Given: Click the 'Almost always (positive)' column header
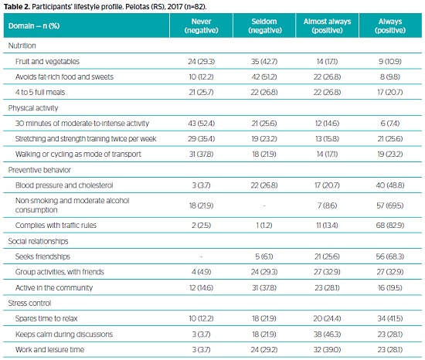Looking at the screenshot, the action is tap(327, 25).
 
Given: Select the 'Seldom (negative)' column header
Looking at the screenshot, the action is tap(265, 25).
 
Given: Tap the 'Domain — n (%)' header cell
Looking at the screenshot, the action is tap(34, 26).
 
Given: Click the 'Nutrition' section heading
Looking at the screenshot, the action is tap(22, 46).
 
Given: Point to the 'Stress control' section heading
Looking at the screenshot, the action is tap(29, 303).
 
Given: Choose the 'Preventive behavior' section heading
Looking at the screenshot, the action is tap(39, 170).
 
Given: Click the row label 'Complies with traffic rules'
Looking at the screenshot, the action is tap(56, 226).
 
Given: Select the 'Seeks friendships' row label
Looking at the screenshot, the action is tap(42, 256).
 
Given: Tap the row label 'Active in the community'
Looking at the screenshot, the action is tap(54, 287).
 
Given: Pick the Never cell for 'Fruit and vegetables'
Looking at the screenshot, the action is tap(201, 62).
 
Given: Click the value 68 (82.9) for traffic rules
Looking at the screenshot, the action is tap(390, 226).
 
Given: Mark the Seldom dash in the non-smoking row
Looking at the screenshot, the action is tap(264, 205).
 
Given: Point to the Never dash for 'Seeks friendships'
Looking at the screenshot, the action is tap(201, 256).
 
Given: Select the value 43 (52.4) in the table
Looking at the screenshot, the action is tap(201, 124).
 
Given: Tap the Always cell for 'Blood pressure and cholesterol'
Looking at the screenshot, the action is tap(390, 185).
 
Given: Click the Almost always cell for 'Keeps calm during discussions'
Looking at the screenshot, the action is tap(327, 335).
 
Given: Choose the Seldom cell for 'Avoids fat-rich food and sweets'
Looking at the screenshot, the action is tap(264, 77).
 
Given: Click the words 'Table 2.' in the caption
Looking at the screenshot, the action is tap(16, 6).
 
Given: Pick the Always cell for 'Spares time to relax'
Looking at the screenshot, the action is tap(390, 318).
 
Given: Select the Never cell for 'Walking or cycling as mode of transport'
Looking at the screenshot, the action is tap(201, 155).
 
